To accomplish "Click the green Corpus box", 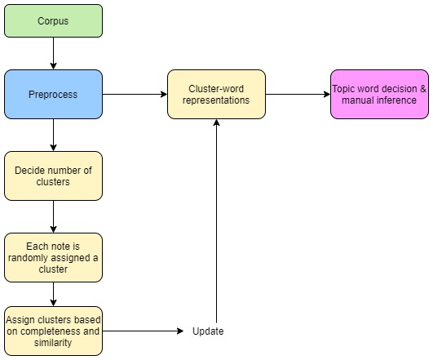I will click(54, 20).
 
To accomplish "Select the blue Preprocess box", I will click(54, 94).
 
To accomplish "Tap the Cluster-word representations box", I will click(216, 94).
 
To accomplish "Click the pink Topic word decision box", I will click(379, 94).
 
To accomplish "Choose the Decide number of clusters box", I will click(54, 176).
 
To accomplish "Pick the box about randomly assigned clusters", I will click(54, 257).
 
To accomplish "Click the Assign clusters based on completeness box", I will click(54, 331).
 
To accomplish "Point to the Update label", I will click(208, 331).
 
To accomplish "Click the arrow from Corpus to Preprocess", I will click(54, 53).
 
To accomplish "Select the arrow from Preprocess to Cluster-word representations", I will click(135, 94).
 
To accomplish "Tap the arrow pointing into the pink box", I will click(298, 94).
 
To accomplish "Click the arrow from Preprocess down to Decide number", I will click(54, 135).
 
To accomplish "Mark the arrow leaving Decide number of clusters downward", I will click(54, 216).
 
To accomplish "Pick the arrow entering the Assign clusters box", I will click(54, 294).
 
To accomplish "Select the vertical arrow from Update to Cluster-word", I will click(217, 220).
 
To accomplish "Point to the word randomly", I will click(30, 258).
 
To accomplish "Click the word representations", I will click(216, 100).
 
